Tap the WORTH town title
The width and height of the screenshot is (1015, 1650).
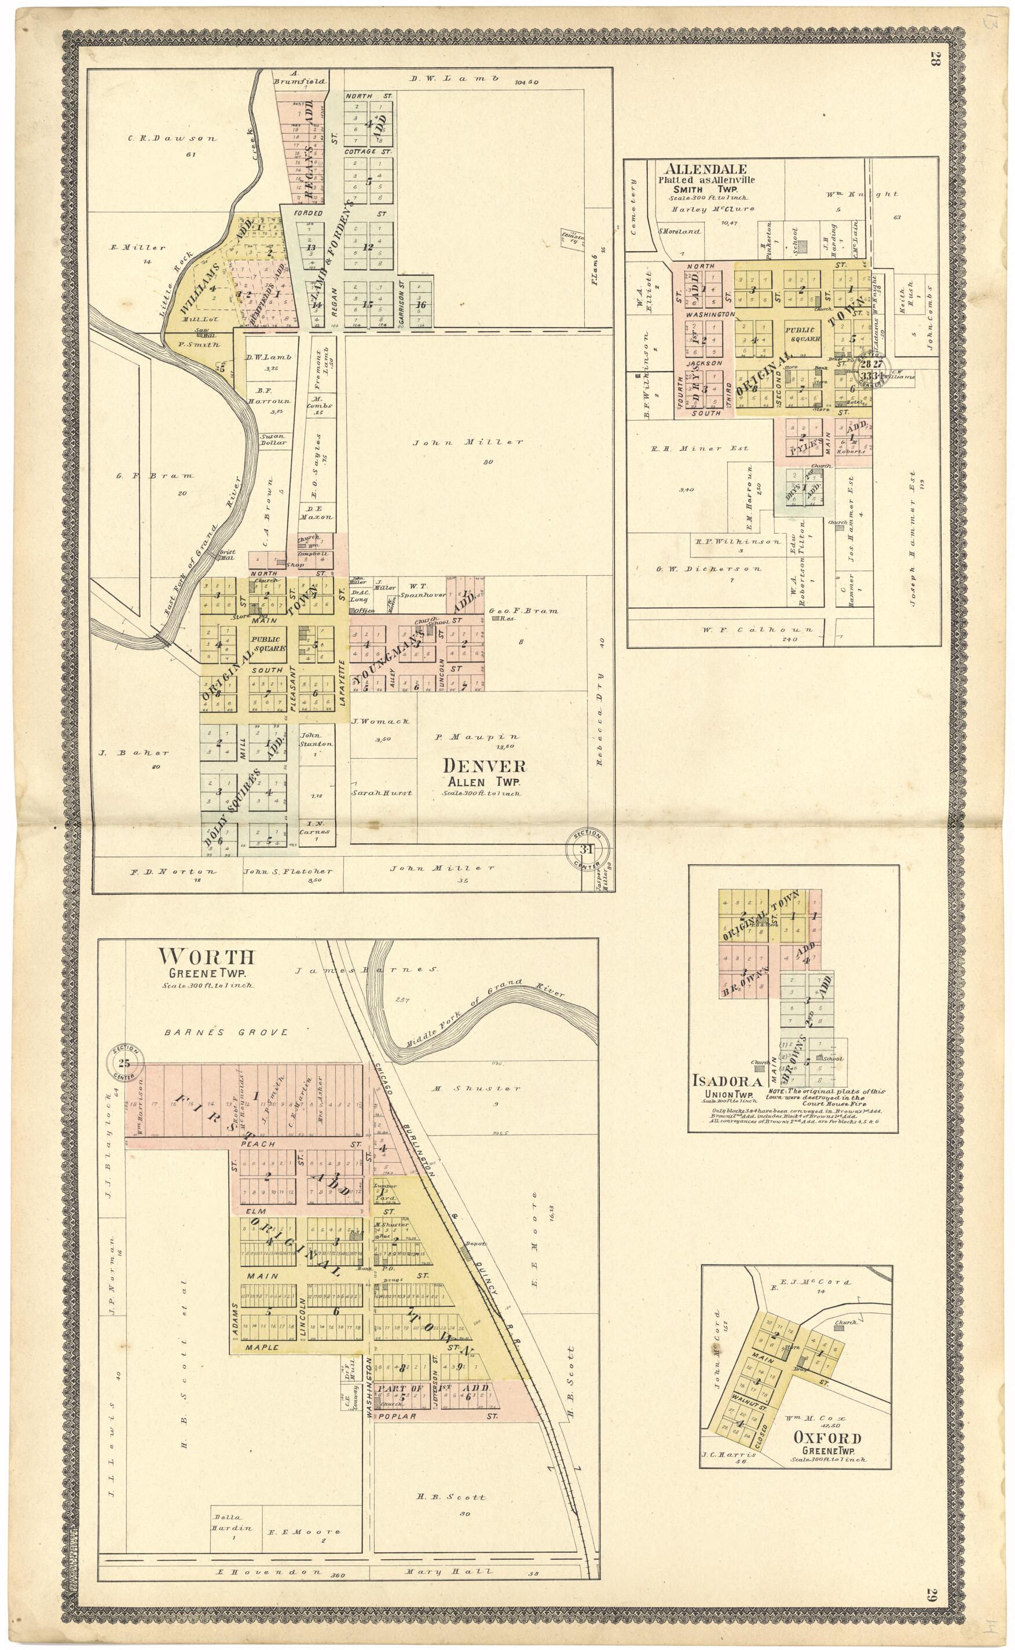click(x=206, y=956)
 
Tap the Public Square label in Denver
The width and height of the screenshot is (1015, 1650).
click(x=268, y=644)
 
